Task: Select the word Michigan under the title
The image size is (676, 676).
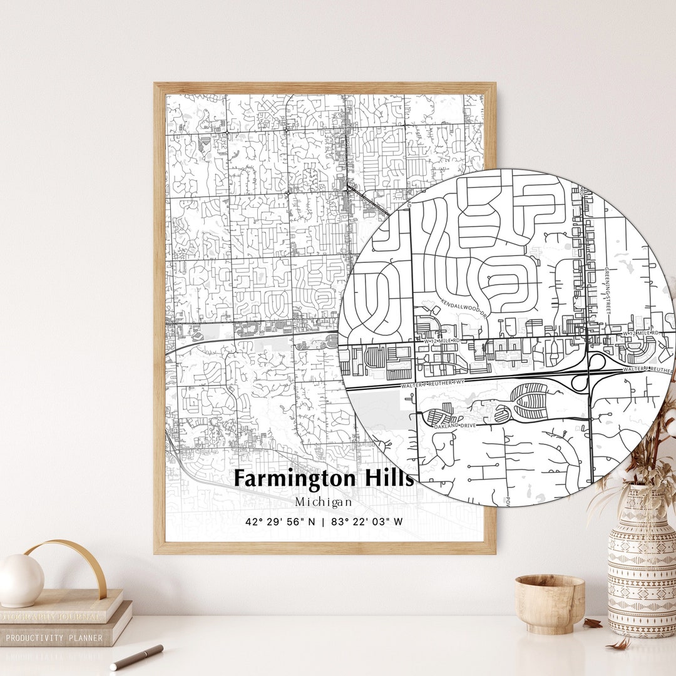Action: coord(324,502)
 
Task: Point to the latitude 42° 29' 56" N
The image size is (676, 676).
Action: coord(280,521)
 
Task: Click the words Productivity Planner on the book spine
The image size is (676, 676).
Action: coord(54,638)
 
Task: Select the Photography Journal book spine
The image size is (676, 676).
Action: coord(50,617)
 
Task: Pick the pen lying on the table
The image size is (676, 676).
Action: coord(136,657)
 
